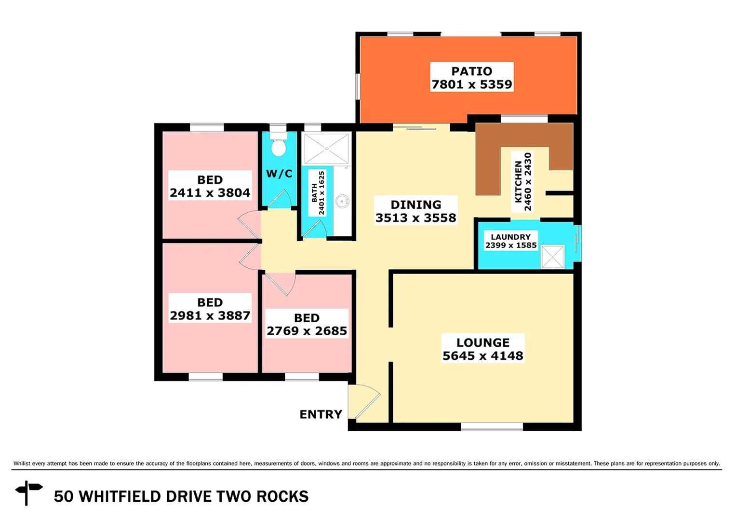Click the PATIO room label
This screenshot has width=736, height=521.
pos(471,77)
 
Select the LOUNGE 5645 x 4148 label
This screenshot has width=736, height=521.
pos(482,349)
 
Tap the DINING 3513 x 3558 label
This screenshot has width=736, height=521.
pos(415,211)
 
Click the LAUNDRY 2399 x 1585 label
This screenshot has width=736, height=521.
pos(510,241)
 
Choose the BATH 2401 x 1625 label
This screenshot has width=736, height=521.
pos(318,193)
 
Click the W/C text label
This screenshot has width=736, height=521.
pos(279,174)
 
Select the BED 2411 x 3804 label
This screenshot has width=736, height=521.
pos(210,186)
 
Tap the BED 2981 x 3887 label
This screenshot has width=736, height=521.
pos(210,309)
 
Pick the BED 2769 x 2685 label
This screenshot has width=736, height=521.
pos(307,324)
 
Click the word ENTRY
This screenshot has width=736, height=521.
pos(321,414)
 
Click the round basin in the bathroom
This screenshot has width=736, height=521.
pos(342,201)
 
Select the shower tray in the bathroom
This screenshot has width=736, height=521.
pos(327,149)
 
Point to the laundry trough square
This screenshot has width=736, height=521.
pos(552,257)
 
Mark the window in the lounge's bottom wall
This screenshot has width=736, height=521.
pos(492,426)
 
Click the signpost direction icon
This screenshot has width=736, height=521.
pos(28,492)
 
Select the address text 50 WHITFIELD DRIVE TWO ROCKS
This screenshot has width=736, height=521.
pos(181,496)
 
